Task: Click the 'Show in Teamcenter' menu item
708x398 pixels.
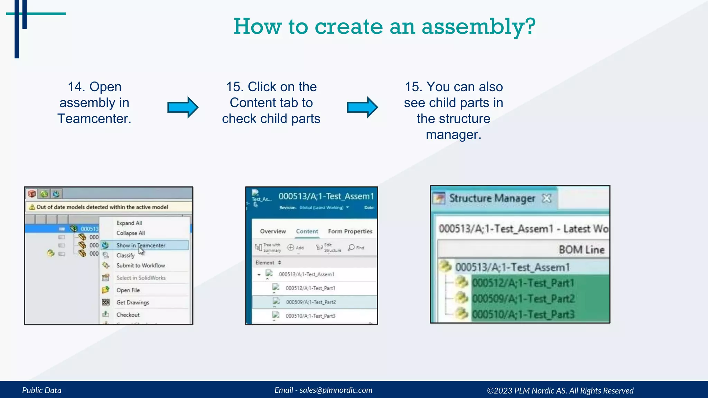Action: tap(141, 245)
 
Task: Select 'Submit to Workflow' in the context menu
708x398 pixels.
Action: tap(140, 265)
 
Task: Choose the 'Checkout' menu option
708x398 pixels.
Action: tap(128, 315)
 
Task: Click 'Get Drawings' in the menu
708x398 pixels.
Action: tap(133, 302)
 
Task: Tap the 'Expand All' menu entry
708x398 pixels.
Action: tap(129, 223)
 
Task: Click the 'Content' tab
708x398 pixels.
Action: tap(307, 231)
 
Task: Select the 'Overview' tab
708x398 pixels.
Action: tap(273, 231)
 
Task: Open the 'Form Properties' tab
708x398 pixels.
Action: tap(350, 231)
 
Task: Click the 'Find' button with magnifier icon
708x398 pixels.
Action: tap(356, 247)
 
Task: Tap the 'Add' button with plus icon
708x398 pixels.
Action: tap(296, 247)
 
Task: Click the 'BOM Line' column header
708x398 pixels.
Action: tap(581, 249)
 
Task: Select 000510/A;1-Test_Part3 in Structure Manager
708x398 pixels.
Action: tap(523, 314)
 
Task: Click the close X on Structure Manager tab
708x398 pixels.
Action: tap(546, 198)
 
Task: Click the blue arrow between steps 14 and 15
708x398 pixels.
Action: tap(183, 107)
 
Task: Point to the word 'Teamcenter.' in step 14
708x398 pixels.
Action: tap(94, 119)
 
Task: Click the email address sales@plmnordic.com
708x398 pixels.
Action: tap(336, 390)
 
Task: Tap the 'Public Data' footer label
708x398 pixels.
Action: tap(42, 390)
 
